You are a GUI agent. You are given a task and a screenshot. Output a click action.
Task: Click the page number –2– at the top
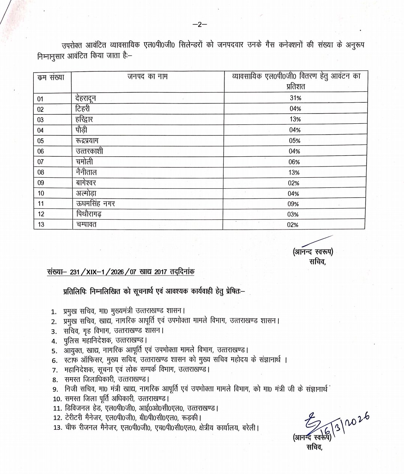(x=200, y=25)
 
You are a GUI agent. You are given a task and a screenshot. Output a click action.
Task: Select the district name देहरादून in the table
(x=88, y=98)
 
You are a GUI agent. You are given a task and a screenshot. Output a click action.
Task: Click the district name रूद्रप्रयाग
(x=92, y=141)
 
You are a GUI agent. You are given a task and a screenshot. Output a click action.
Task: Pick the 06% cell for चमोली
(x=295, y=162)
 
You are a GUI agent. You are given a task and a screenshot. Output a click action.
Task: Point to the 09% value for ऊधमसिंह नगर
(x=295, y=204)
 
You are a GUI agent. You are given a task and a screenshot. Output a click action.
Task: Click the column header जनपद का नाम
(x=147, y=77)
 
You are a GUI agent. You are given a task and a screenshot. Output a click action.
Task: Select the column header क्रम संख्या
(x=51, y=77)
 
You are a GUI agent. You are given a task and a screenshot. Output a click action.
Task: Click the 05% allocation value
(x=295, y=141)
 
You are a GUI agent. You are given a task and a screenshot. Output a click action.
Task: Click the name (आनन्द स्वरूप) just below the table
(x=313, y=252)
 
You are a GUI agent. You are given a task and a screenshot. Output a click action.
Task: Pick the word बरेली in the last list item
(x=249, y=427)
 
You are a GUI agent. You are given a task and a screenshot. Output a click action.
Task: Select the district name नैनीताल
(x=86, y=172)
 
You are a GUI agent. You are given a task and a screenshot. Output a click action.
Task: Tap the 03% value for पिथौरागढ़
(x=295, y=214)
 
